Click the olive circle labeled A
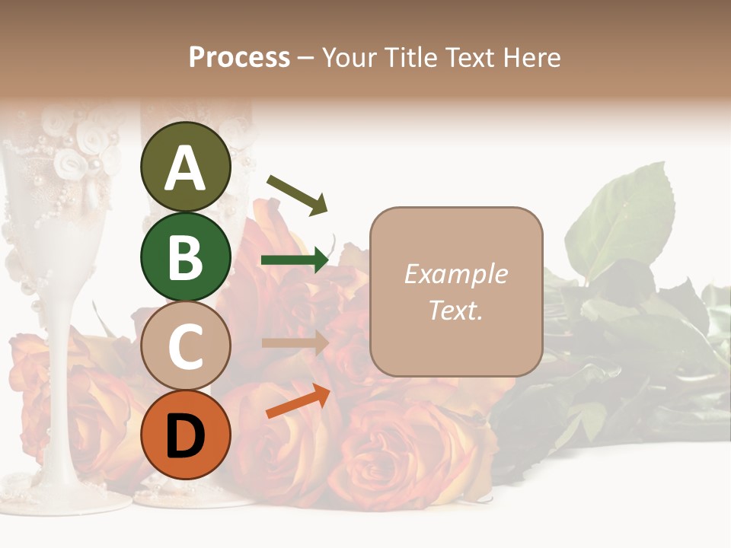[x=185, y=167]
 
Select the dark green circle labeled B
[x=185, y=256]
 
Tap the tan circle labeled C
[x=185, y=346]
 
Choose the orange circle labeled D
[x=185, y=435]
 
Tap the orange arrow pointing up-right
[x=298, y=401]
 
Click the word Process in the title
[x=239, y=58]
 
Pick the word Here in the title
[x=532, y=58]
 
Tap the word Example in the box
[x=455, y=274]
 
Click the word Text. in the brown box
[x=455, y=310]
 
